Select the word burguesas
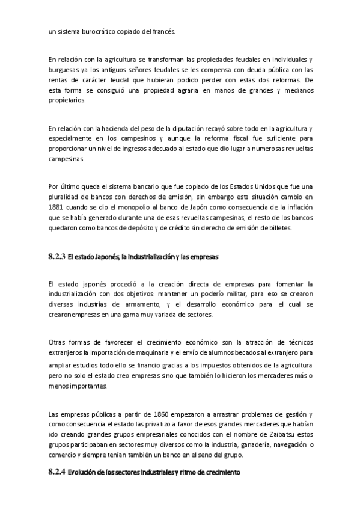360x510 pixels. [66, 70]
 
